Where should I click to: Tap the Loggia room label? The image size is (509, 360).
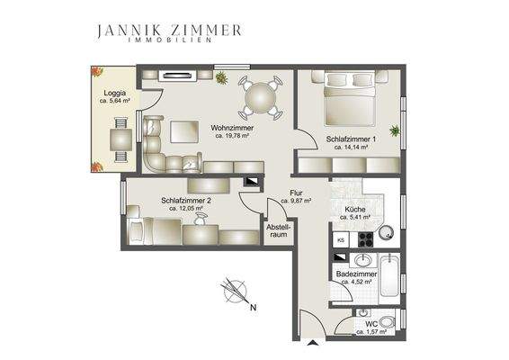click(114, 97)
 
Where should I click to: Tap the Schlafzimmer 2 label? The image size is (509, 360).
click(186, 203)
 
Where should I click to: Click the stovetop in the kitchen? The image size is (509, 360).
click(365, 240)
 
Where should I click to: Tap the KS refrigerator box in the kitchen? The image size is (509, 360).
click(341, 240)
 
